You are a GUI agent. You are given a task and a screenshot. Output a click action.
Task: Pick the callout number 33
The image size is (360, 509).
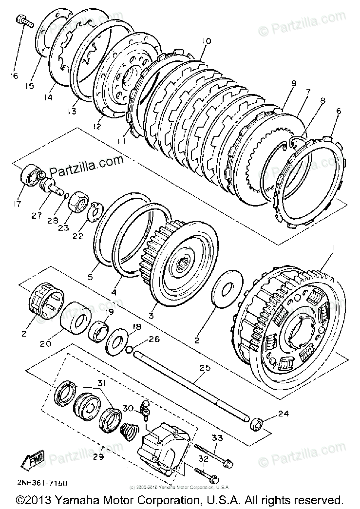[217, 438]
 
